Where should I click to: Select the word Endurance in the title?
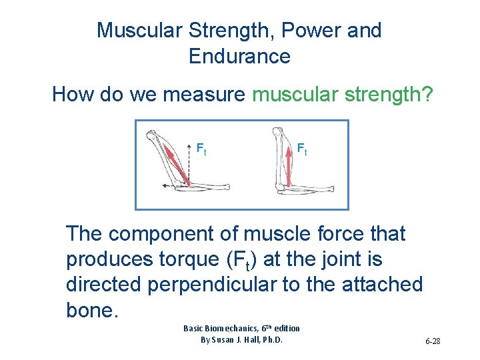(x=239, y=57)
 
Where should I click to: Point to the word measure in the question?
(x=204, y=95)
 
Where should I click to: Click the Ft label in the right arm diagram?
(x=302, y=149)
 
